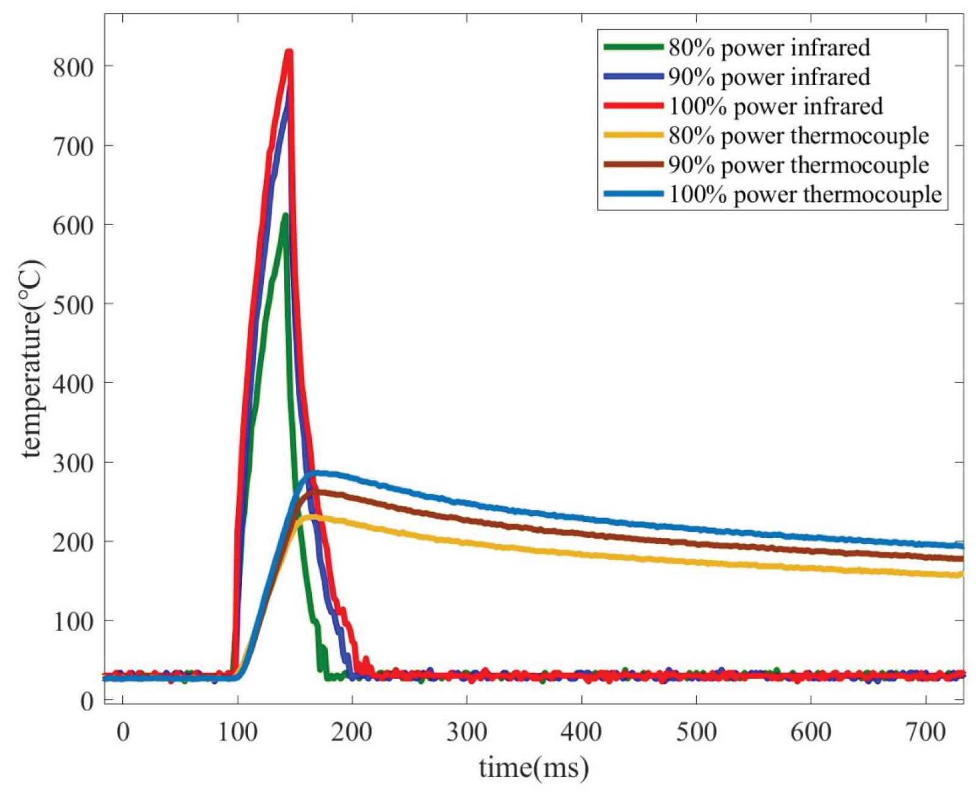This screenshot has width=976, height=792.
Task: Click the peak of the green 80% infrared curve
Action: [x=284, y=215]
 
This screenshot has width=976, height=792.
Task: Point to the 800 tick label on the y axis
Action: [x=73, y=66]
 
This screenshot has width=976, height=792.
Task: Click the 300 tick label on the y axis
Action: [x=73, y=463]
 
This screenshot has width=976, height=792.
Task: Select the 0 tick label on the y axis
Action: [x=86, y=701]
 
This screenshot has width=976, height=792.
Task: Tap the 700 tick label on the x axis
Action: [x=926, y=732]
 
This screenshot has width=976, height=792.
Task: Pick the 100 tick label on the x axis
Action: [x=238, y=732]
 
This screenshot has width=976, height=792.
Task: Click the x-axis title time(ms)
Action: [x=534, y=768]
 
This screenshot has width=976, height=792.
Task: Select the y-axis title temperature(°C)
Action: [x=32, y=359]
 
